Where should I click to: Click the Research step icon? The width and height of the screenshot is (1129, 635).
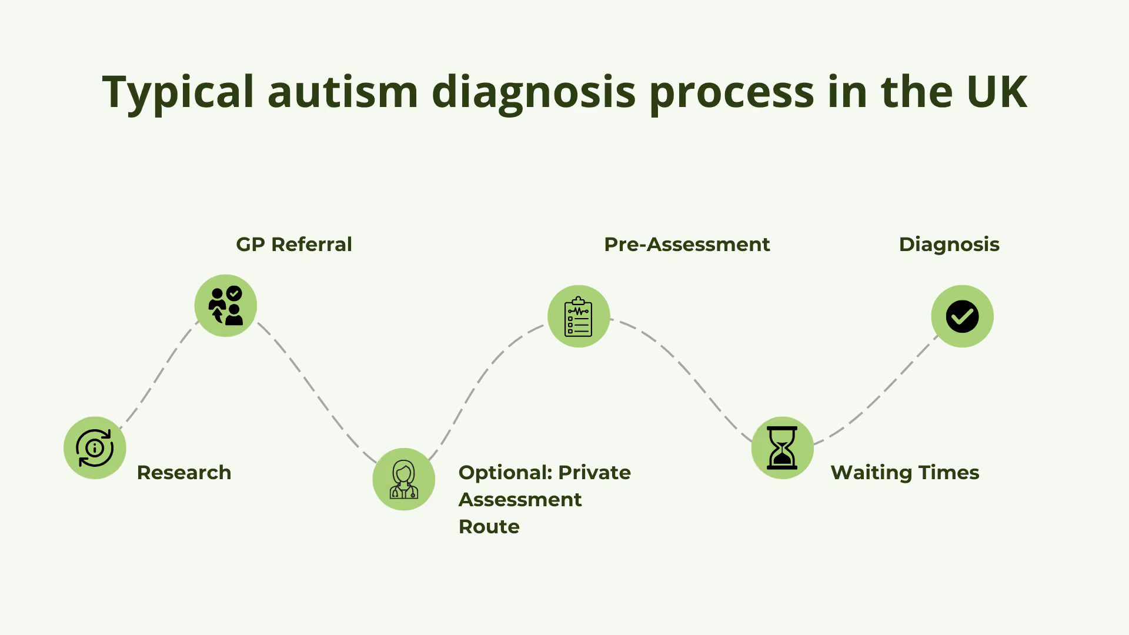pyautogui.click(x=95, y=448)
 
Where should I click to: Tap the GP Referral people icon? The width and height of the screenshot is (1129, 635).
pyautogui.click(x=226, y=306)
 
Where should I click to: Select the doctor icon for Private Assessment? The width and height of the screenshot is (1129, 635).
pyautogui.click(x=404, y=479)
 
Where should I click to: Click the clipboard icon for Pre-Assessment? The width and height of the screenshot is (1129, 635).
pyautogui.click(x=579, y=316)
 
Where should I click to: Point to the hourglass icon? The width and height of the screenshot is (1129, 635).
pyautogui.click(x=783, y=448)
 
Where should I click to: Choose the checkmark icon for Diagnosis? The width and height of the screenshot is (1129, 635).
pyautogui.click(x=963, y=316)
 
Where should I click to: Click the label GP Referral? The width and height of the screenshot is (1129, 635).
pyautogui.click(x=294, y=244)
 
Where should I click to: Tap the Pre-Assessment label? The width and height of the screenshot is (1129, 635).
pyautogui.click(x=687, y=244)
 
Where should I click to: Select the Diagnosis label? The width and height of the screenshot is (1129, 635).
pyautogui.click(x=949, y=245)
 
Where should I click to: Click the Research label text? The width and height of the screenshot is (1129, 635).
pyautogui.click(x=184, y=472)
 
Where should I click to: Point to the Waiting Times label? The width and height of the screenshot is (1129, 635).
pyautogui.click(x=905, y=473)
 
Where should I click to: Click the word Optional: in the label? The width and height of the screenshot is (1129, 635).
pyautogui.click(x=504, y=473)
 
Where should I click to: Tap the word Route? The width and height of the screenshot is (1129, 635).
pyautogui.click(x=489, y=526)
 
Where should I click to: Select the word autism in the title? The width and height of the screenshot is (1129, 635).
pyautogui.click(x=343, y=92)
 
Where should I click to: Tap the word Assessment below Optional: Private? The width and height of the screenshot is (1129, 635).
pyautogui.click(x=520, y=500)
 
